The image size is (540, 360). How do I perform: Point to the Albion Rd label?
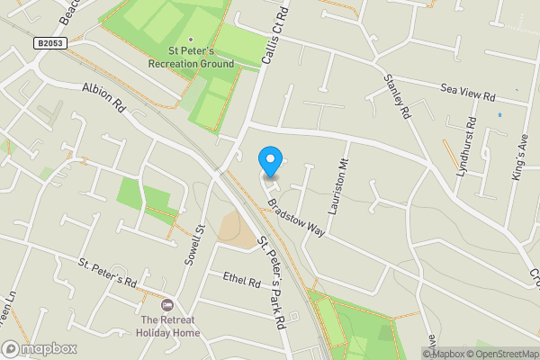103,96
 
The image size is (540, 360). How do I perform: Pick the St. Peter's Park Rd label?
272,282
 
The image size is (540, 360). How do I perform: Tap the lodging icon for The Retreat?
167,307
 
